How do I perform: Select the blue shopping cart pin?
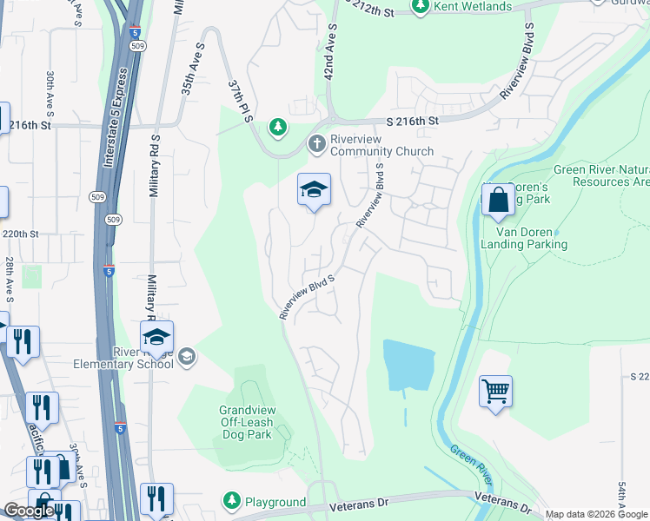pyautogui.click(x=495, y=391)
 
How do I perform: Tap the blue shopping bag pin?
pyautogui.click(x=499, y=200)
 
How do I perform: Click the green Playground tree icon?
pyautogui.click(x=231, y=501)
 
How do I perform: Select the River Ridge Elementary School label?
pyautogui.click(x=130, y=358)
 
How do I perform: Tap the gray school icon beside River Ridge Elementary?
pyautogui.click(x=186, y=357)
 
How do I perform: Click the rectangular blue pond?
pyautogui.click(x=408, y=365)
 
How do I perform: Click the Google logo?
pyautogui.click(x=29, y=511)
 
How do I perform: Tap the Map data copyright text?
pyautogui.click(x=596, y=514)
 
